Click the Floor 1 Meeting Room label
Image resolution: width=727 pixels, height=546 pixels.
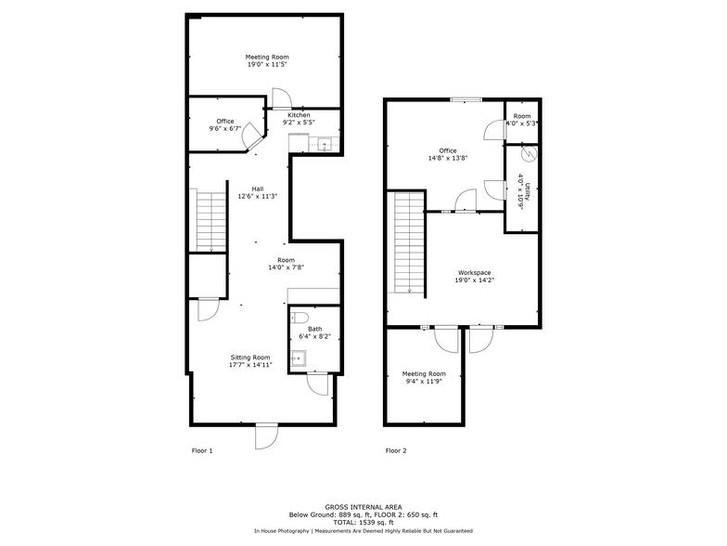(x=267, y=58)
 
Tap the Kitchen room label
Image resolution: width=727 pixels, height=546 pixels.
(x=299, y=115)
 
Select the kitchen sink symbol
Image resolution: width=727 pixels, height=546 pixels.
(x=325, y=145)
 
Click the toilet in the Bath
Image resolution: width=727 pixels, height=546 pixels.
(x=300, y=318)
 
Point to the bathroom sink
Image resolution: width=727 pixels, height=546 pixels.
(x=299, y=358)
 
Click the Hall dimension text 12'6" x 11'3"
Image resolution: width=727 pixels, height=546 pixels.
(x=258, y=197)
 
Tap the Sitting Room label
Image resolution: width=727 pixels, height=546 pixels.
(x=250, y=357)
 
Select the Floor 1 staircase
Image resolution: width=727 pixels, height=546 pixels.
(x=211, y=220)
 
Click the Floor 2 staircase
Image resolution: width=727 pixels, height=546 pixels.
(x=410, y=242)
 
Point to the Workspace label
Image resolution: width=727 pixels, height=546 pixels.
(x=475, y=273)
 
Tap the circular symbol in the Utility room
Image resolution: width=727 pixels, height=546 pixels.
(x=529, y=154)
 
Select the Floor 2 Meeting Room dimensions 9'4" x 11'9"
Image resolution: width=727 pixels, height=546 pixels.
(x=424, y=381)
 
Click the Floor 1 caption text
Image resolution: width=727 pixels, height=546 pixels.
(x=202, y=450)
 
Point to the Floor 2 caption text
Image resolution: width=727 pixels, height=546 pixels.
(x=396, y=450)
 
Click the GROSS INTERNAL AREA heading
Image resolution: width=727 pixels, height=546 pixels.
(x=363, y=507)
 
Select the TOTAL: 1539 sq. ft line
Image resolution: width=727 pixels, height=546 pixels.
(x=363, y=522)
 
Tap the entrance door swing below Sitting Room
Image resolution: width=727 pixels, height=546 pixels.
(x=267, y=436)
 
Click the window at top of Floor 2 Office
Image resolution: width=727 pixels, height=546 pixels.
(x=466, y=98)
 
